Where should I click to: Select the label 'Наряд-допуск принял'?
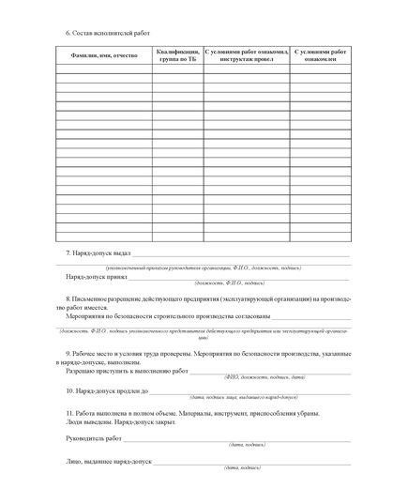pos(97,278)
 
